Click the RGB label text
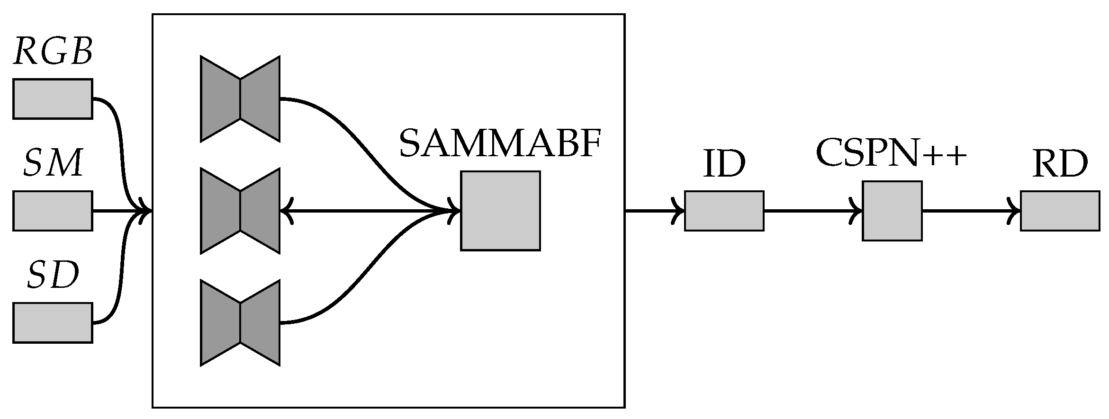[53, 52]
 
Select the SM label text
[53, 164]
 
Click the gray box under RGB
[53, 98]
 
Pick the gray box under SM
[53, 211]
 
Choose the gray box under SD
[53, 322]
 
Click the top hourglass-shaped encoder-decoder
[240, 98]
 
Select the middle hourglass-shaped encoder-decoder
[240, 211]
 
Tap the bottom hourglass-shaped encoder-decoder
[240, 322]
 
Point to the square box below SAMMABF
[500, 211]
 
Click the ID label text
[724, 165]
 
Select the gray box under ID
[724, 211]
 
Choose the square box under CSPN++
[892, 211]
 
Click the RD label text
[1060, 165]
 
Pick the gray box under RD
[1060, 211]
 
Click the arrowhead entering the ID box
[679, 211]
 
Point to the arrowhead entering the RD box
[1015, 211]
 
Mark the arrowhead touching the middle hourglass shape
[286, 211]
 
